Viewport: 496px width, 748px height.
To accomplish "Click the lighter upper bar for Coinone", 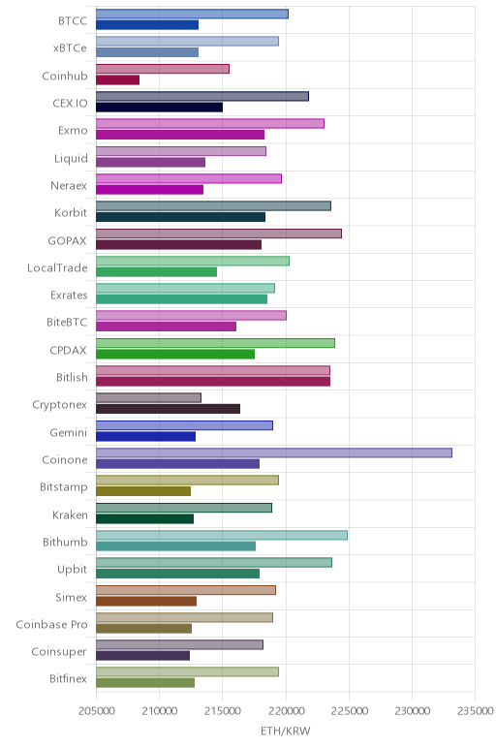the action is tap(274, 452).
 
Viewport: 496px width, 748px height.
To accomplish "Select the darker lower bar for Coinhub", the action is tap(118, 80).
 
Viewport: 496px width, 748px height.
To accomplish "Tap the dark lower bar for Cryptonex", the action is tap(168, 409).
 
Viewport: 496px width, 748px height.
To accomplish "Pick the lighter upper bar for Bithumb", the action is tap(222, 535).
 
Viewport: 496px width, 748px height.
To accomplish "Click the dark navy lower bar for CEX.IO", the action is tap(159, 108).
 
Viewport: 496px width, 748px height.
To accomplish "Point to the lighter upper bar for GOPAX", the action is tap(219, 234).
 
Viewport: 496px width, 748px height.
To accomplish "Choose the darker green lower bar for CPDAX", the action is tap(175, 354).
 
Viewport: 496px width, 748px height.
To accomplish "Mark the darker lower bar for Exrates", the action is tap(182, 299).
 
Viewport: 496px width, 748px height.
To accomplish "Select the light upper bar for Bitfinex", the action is tap(187, 672).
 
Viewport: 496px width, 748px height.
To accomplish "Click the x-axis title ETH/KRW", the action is tap(285, 731).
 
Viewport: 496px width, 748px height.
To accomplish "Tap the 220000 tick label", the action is tap(286, 711).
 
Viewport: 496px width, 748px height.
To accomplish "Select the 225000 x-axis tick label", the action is tap(349, 711).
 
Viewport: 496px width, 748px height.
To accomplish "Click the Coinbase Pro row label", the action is tap(51, 624).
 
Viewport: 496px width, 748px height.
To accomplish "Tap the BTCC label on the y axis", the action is tap(73, 21).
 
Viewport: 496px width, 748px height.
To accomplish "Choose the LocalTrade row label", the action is tap(57, 267).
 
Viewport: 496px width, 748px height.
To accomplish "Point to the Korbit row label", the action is tap(71, 213).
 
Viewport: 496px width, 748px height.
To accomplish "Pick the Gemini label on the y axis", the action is tap(69, 432).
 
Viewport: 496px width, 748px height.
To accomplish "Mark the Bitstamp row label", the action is tap(64, 487).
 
